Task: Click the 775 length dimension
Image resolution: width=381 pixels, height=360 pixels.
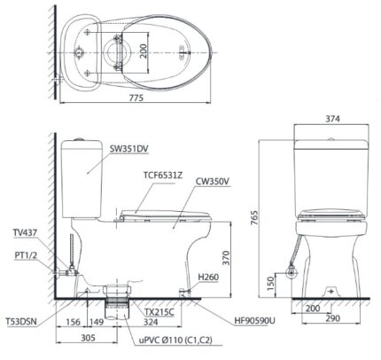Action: coord(136,98)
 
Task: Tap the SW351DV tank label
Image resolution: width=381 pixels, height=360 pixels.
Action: coord(129,149)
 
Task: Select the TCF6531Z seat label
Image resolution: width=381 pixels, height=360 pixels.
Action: coord(163,176)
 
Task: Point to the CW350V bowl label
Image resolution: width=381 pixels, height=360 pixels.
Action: coord(212,182)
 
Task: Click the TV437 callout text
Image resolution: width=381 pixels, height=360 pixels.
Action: coord(25,233)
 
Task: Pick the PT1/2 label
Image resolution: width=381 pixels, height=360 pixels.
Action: coord(26,255)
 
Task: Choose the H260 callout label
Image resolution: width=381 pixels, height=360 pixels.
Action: coord(208,277)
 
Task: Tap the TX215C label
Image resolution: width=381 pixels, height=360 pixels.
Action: coord(159,312)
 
